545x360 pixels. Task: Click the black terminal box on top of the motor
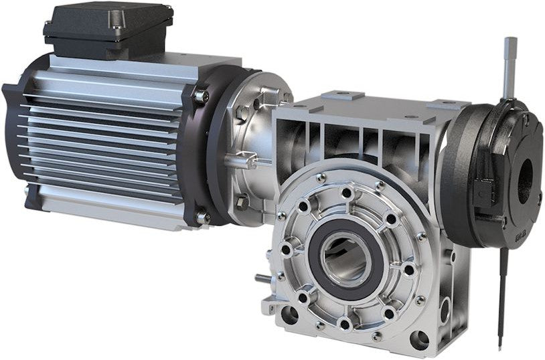[x=107, y=30]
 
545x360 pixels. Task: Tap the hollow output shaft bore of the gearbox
[x=345, y=258]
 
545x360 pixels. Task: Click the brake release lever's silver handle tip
[x=510, y=50]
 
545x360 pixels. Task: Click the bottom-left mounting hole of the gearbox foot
[x=290, y=315]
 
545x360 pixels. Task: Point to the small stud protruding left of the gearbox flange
[x=262, y=278]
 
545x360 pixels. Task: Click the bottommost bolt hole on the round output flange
[x=344, y=324]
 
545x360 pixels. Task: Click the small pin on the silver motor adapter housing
[x=240, y=160]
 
